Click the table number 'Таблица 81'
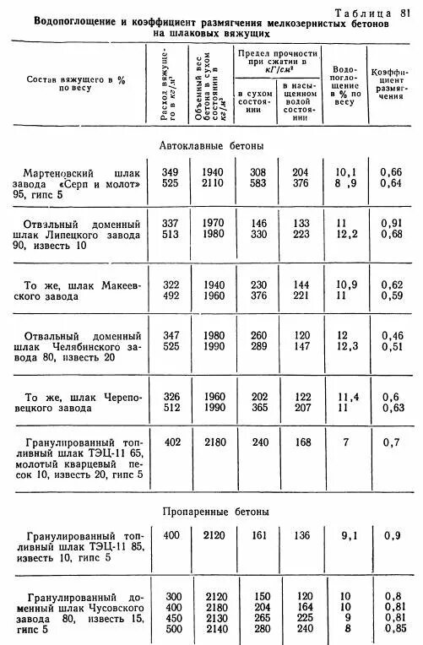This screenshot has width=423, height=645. point(372,12)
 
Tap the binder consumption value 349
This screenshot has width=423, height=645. point(171,172)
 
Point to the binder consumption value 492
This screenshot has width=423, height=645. point(171,295)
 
